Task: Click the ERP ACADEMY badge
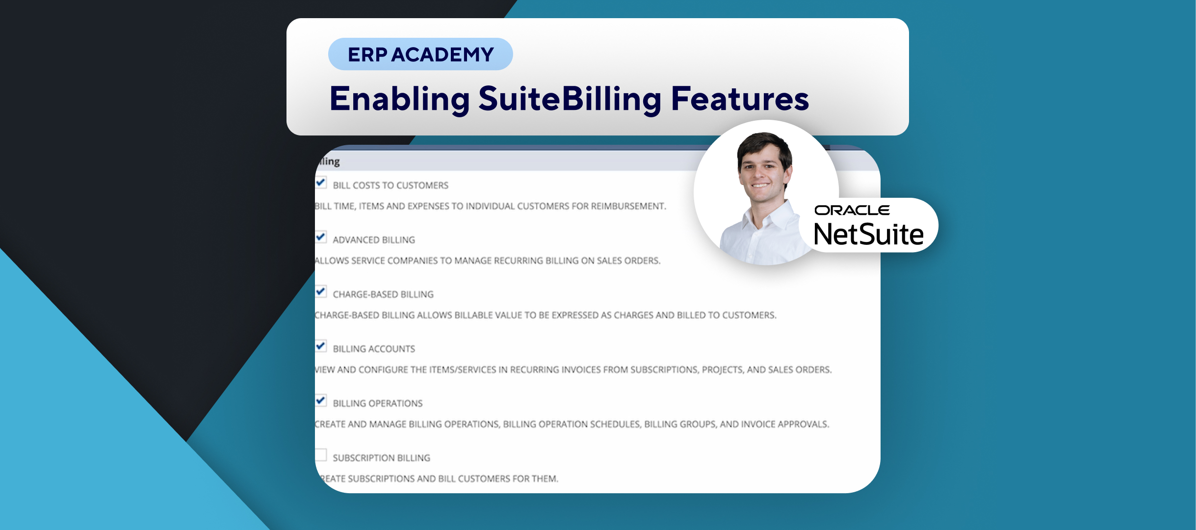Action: (420, 54)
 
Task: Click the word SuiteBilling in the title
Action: (571, 99)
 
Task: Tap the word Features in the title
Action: (740, 99)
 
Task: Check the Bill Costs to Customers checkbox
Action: (321, 183)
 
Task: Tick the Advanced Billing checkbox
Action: (321, 237)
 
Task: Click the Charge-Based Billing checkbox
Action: (321, 291)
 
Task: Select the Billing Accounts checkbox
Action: (321, 346)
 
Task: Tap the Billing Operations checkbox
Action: (321, 400)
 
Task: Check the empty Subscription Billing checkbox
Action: (321, 455)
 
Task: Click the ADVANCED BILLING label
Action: (374, 240)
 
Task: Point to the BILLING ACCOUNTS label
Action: (374, 349)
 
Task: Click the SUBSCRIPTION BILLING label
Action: (382, 458)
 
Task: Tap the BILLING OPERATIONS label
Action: (378, 403)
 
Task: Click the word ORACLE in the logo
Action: (852, 211)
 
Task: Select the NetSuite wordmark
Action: (869, 234)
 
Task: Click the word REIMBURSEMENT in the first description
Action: (628, 206)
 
